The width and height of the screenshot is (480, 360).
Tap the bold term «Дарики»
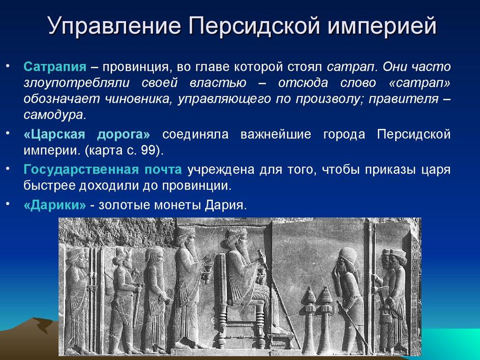pyautogui.click(x=54, y=206)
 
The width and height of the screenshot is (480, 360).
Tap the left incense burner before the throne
pyautogui.click(x=308, y=300)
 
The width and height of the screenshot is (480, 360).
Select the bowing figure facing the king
pyautogui.click(x=345, y=291)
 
